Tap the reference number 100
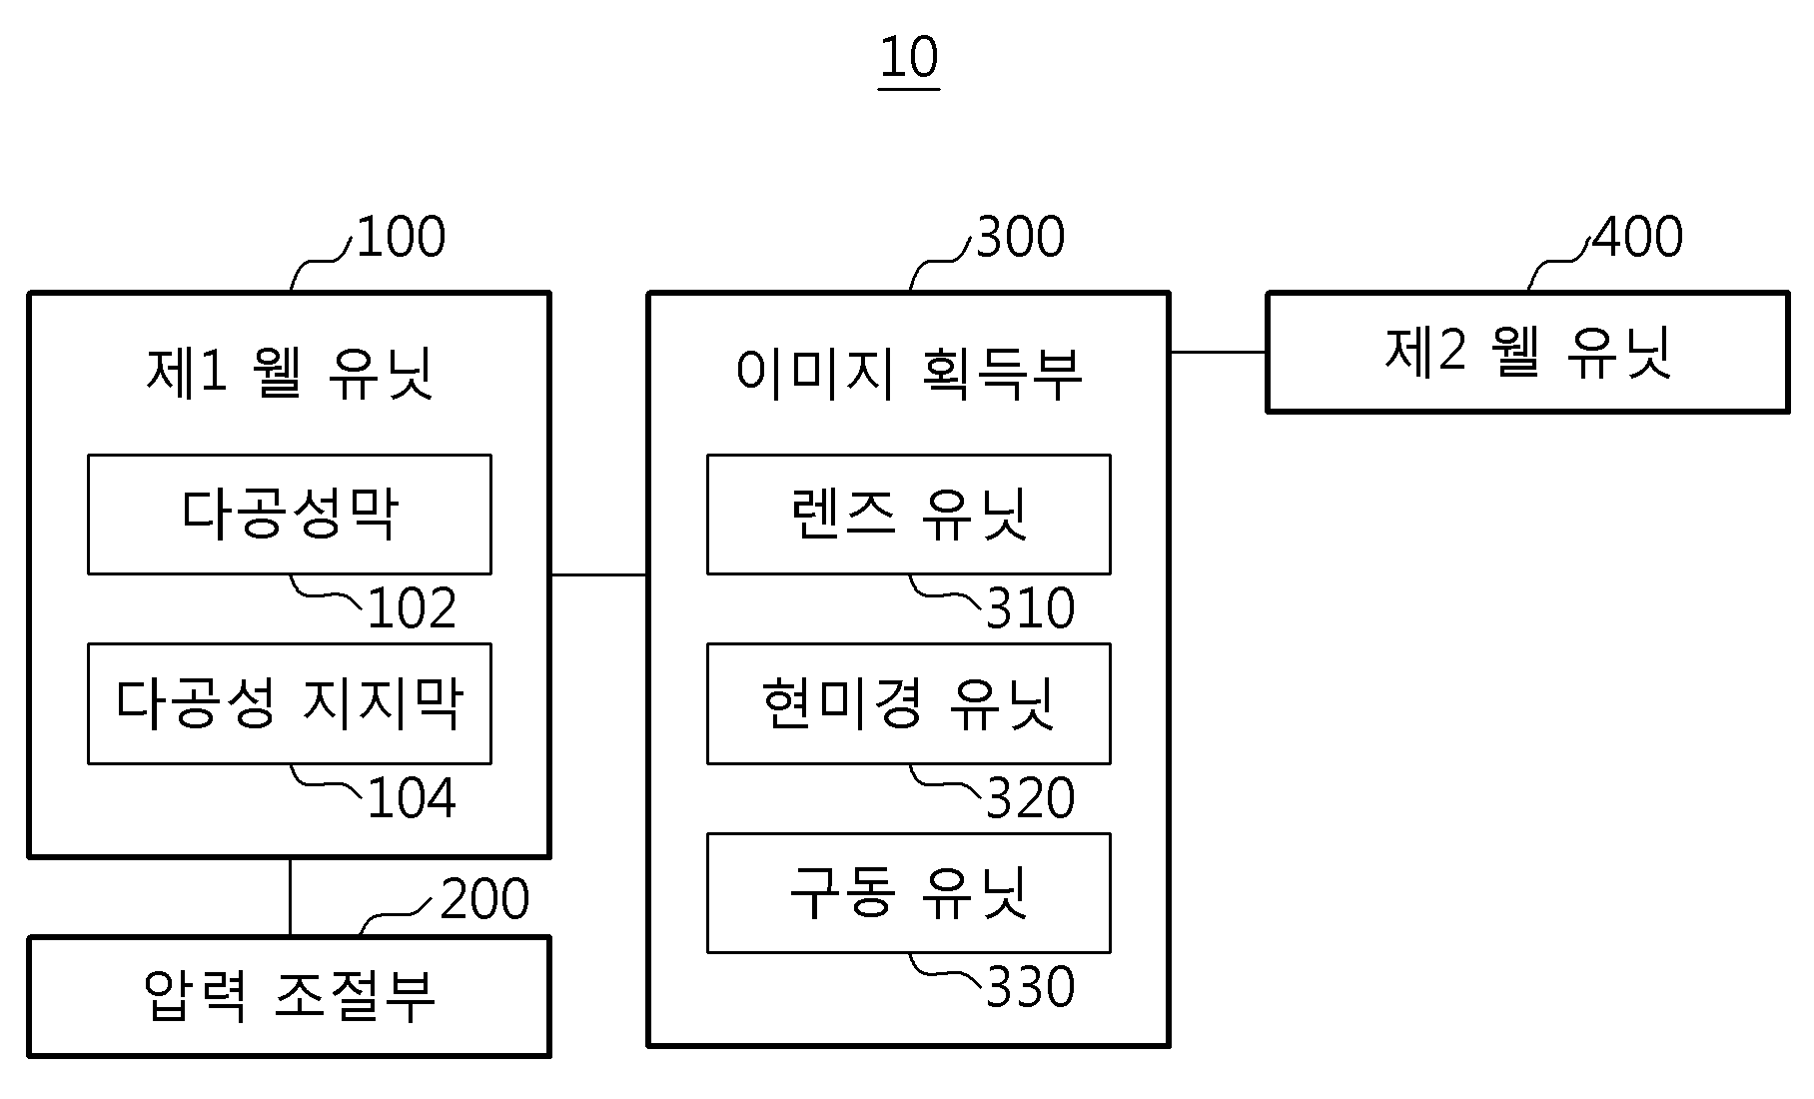click(401, 238)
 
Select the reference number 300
click(1020, 238)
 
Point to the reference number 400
click(1638, 238)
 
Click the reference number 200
click(484, 899)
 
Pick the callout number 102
click(412, 608)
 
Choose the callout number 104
click(412, 798)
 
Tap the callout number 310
click(1030, 608)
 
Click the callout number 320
click(1030, 798)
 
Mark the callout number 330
click(1030, 987)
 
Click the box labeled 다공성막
click(290, 515)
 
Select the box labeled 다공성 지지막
click(290, 703)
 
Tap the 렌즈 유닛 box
click(909, 515)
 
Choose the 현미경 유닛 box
click(909, 703)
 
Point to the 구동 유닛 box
click(909, 892)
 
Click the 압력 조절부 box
click(290, 996)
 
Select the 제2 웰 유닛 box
click(1527, 352)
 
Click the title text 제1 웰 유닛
click(290, 373)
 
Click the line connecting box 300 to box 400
click(1218, 352)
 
